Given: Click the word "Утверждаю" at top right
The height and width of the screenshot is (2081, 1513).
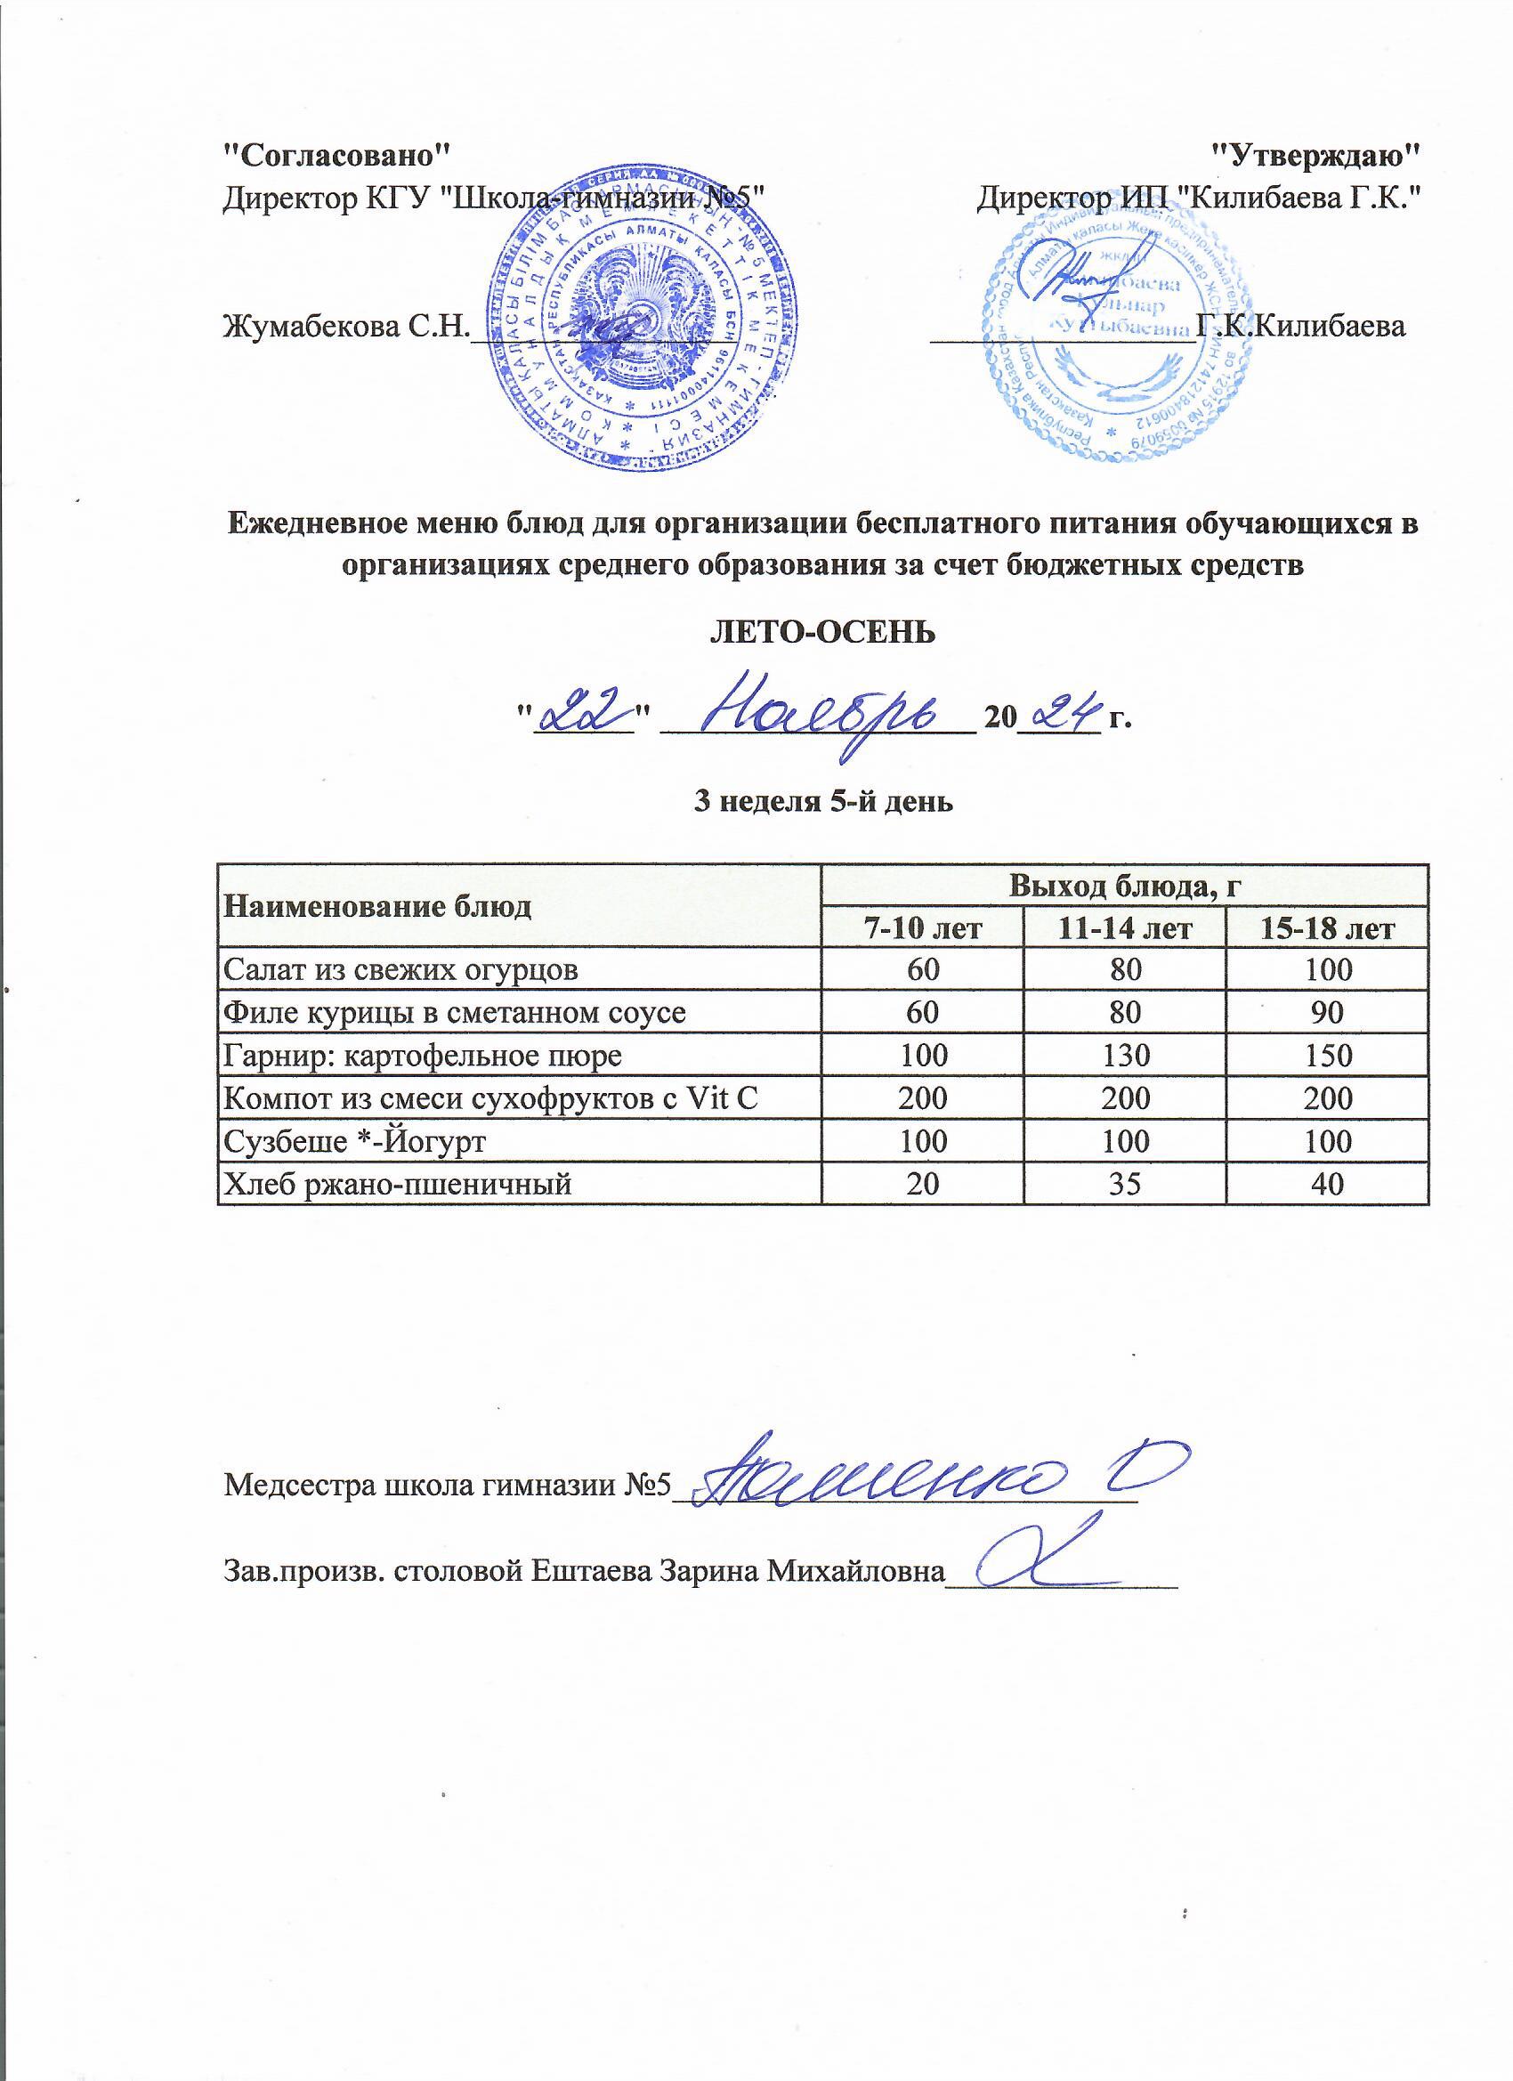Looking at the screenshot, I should [x=1315, y=154].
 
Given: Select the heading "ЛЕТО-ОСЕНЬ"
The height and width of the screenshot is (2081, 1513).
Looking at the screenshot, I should [x=823, y=632].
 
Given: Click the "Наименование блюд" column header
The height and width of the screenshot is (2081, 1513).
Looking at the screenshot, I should [x=378, y=906].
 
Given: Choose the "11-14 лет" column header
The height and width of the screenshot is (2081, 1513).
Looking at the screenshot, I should [x=1123, y=929].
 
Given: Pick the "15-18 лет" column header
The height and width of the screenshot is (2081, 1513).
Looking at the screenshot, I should [x=1327, y=929].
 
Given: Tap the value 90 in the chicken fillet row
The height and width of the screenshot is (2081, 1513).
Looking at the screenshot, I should [x=1327, y=1013].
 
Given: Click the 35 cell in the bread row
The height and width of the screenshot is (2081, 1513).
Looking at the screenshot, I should [x=1123, y=1185].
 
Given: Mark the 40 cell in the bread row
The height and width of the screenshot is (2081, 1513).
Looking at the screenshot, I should [x=1327, y=1185].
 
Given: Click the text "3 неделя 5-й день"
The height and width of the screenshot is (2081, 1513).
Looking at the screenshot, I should [x=822, y=802].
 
